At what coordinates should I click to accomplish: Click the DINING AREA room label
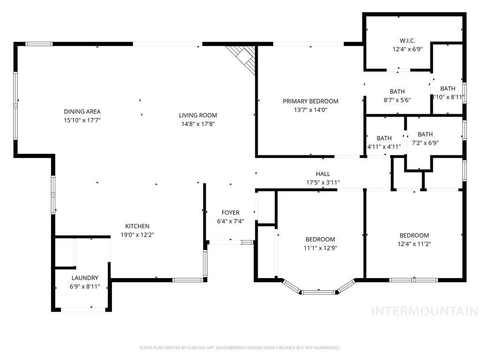pos(82,112)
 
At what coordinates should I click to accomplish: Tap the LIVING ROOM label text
pos(198,115)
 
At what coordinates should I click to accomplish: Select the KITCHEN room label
pos(137,226)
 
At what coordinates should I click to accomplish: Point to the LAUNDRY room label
pos(85,277)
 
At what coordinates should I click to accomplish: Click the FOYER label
pos(230,213)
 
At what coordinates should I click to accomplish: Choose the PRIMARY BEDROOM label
pos(310,101)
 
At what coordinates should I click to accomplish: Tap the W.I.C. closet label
pos(407,40)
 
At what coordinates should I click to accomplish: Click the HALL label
pos(323,174)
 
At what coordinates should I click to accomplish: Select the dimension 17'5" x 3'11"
pos(323,183)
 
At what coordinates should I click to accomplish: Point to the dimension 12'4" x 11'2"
pos(414,244)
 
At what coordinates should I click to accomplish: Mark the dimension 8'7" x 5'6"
pos(397,100)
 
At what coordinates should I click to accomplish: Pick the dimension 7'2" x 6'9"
pos(425,143)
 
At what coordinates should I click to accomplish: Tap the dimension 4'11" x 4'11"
pos(384,147)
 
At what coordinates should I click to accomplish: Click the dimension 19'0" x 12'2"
pos(137,234)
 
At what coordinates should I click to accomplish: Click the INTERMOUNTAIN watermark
pos(424,311)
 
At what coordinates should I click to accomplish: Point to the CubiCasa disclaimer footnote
pos(240,348)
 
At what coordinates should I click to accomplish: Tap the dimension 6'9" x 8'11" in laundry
pos(85,286)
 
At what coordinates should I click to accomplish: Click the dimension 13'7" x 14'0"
pos(310,110)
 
